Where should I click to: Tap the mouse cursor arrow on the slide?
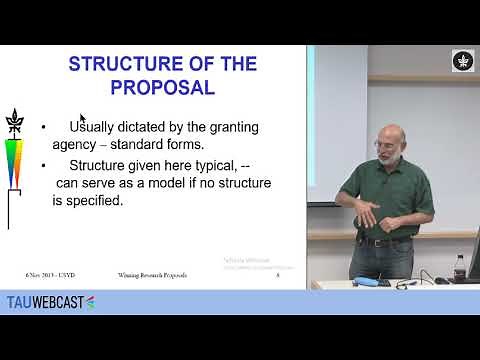pyautogui.click(x=83, y=119)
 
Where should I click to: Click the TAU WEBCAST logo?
pyautogui.click(x=50, y=301)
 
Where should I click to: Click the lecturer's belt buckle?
pyautogui.click(x=377, y=241)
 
